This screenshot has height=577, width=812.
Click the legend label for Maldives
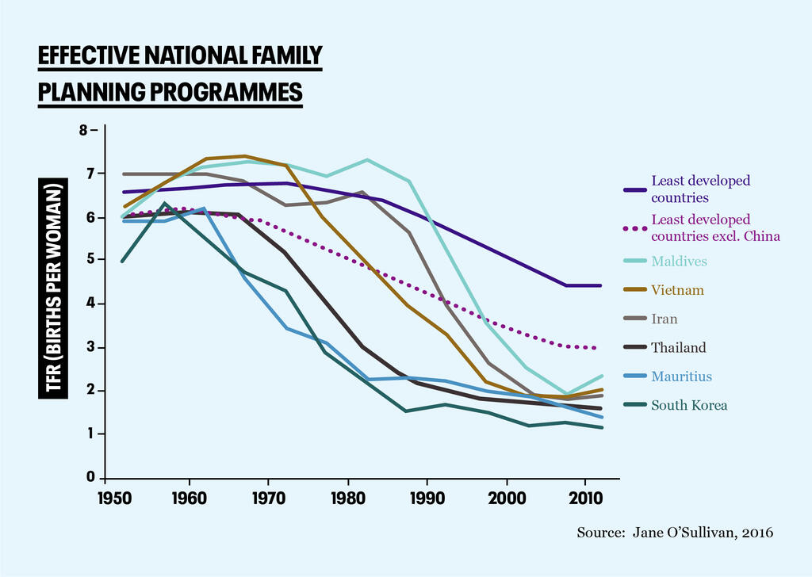pos(678,261)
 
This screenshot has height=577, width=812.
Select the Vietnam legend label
pos(677,290)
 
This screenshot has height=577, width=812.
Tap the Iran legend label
pos(665,319)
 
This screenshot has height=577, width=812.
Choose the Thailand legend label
pos(678,347)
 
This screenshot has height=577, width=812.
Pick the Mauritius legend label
pos(680,376)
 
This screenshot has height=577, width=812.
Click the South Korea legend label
pos(688,405)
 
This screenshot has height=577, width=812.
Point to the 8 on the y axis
pos(83,129)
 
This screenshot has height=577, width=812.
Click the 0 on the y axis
pos(91,478)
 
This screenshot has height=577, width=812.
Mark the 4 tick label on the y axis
pos(91,304)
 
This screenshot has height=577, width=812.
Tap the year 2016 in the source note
pos(756,533)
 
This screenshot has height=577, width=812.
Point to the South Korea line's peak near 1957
pos(163,204)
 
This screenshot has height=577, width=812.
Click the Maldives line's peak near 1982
pos(367,160)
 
